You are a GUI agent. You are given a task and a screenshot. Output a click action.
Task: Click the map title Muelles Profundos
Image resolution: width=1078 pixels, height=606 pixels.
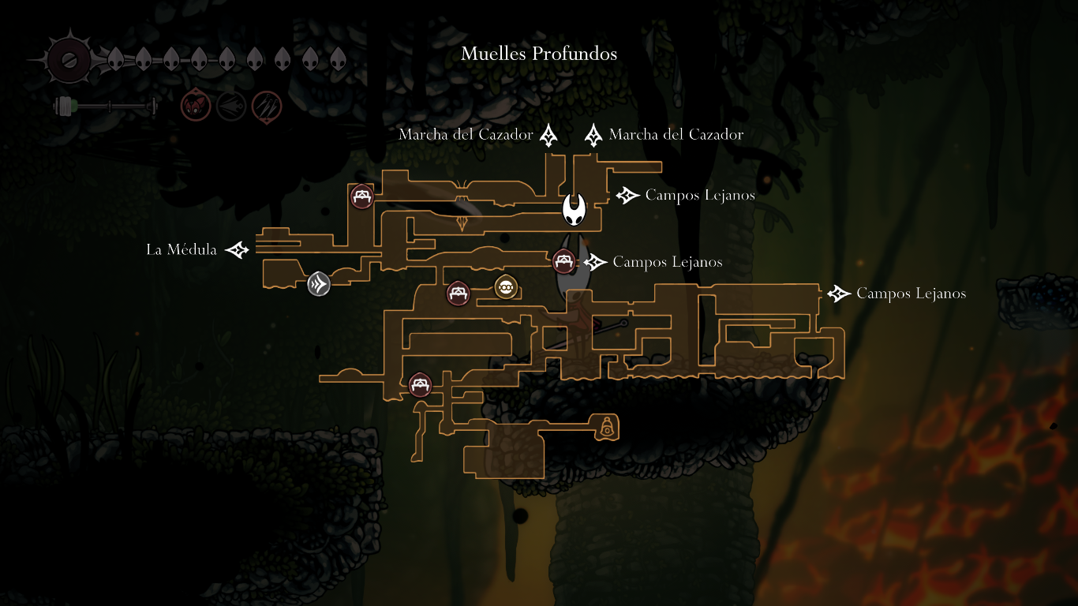(539, 54)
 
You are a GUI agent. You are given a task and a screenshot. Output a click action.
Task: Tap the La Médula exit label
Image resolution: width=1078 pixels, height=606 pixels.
(182, 250)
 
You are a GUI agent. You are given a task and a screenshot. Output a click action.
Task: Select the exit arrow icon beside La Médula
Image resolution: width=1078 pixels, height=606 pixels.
(237, 250)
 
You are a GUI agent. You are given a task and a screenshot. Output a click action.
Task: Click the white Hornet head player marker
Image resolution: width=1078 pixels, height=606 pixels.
(575, 210)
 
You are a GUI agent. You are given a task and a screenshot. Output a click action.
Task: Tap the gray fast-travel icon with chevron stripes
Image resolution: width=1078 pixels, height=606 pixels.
(319, 283)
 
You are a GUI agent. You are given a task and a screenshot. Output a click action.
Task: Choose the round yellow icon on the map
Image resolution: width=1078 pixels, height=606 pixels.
(505, 287)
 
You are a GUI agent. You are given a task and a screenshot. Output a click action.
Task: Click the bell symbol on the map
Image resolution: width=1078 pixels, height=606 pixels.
(607, 428)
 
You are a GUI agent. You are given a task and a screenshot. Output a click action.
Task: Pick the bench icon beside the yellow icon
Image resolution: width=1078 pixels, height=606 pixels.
(458, 294)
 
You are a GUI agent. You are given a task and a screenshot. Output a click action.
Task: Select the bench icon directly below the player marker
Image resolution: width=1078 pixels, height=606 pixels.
(563, 260)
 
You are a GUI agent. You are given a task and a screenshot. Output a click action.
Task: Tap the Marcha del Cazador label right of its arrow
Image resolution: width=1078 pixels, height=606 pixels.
(676, 135)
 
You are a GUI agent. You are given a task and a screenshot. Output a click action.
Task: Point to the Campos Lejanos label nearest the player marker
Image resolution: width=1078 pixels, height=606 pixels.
(699, 195)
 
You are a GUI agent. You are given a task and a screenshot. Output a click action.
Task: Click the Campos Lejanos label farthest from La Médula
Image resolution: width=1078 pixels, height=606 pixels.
(911, 294)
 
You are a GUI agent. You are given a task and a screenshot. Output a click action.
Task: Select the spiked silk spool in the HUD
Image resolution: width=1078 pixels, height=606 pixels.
(69, 58)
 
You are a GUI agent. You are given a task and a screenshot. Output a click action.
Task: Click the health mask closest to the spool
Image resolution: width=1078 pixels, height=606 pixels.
(115, 58)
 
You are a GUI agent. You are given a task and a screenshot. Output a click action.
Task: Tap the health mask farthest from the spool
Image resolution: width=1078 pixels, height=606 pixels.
(338, 58)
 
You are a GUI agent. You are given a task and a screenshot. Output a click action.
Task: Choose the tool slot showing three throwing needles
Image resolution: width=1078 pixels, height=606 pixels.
(267, 106)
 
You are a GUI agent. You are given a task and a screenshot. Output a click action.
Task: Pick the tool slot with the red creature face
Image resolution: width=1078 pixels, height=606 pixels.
(195, 106)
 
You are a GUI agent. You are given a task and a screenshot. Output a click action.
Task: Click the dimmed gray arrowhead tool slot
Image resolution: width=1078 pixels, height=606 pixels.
(231, 106)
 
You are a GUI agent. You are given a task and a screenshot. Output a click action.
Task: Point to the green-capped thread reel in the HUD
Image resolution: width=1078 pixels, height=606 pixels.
(64, 106)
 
